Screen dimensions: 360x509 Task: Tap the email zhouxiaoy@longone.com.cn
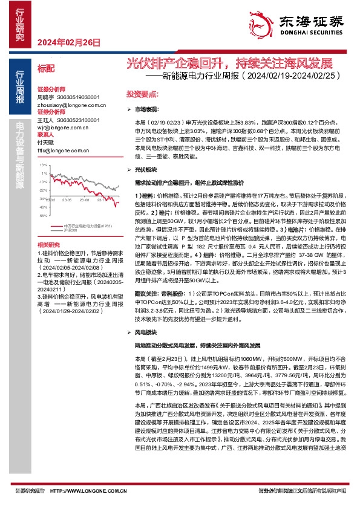(71, 105)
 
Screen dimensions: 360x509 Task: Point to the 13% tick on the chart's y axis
(43, 164)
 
